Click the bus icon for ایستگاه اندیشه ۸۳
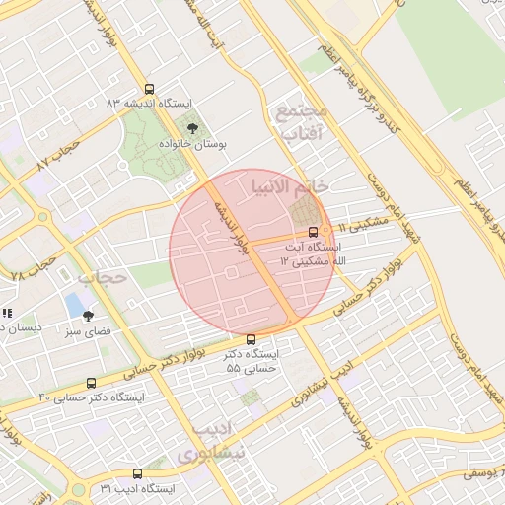(x=149, y=89)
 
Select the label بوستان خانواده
(x=194, y=144)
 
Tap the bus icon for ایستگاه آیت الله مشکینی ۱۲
(x=314, y=231)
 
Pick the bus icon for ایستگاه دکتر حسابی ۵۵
(x=251, y=339)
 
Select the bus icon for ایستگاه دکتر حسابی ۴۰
(x=92, y=383)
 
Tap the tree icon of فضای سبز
(x=89, y=316)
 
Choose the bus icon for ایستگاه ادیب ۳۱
(x=137, y=473)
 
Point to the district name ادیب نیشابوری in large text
(x=210, y=443)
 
